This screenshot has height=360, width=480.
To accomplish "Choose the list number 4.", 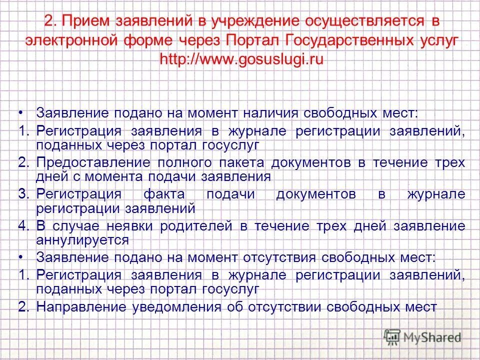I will click(23, 226).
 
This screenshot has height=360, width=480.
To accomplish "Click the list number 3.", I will click(23, 194).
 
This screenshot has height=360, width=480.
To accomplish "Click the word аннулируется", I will click(82, 239).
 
